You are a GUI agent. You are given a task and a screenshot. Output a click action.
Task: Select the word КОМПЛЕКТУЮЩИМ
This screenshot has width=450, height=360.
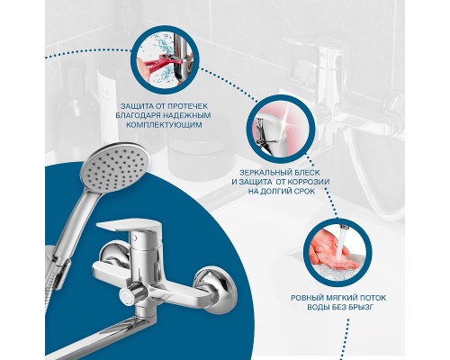(164, 125)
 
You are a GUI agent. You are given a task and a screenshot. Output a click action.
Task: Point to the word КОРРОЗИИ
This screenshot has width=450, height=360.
(309, 182)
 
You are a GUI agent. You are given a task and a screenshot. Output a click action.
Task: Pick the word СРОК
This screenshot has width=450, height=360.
(304, 191)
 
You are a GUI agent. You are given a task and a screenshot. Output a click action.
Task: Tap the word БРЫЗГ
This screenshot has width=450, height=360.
(360, 307)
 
